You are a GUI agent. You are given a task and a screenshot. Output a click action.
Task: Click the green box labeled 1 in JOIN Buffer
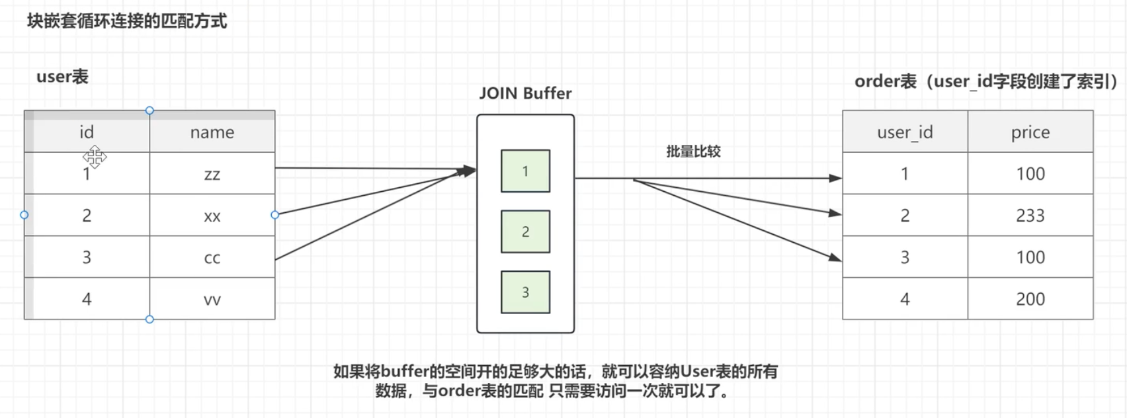(525, 171)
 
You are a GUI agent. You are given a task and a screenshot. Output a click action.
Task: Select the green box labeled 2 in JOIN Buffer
(525, 231)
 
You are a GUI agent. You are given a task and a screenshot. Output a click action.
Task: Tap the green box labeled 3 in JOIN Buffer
(525, 292)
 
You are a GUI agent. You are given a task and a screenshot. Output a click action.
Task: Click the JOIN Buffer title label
(525, 93)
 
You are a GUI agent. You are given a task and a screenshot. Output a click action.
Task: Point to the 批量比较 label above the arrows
(693, 151)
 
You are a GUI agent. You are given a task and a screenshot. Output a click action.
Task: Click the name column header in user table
(212, 132)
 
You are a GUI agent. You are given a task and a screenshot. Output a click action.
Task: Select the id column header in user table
(87, 132)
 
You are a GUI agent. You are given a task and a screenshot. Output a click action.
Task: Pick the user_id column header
(905, 132)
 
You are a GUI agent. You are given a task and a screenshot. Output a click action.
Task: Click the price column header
(1030, 132)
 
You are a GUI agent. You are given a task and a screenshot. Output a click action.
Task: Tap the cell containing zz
(212, 173)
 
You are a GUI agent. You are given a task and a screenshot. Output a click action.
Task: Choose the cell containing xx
(212, 216)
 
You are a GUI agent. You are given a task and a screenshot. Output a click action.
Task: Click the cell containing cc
(212, 257)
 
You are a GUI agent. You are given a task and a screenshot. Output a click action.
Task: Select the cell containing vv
(212, 299)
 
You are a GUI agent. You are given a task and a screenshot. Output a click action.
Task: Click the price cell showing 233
(1030, 216)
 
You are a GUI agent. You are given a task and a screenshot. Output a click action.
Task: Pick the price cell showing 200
(1030, 299)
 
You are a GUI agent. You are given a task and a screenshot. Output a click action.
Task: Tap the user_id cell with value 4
(905, 299)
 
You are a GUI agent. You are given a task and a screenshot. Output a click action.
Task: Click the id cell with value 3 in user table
(87, 257)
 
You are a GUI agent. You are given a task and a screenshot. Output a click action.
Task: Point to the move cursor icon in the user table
(95, 157)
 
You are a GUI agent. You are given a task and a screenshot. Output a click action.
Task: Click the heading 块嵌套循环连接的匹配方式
(127, 21)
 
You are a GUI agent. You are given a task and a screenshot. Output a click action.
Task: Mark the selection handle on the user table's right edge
(274, 215)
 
